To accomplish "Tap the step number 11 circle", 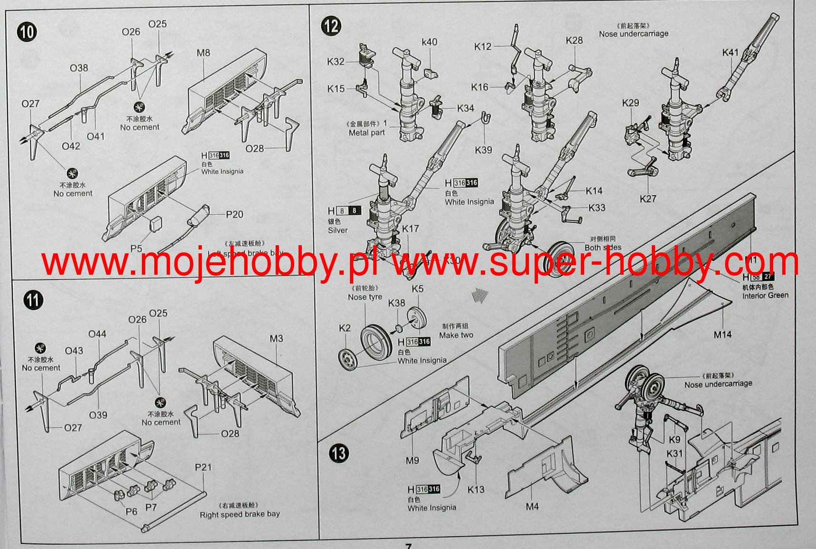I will pyautogui.click(x=33, y=300).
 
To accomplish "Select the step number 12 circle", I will pyautogui.click(x=331, y=25).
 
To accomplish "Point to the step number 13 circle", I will pyautogui.click(x=338, y=453).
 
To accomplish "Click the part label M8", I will pyautogui.click(x=203, y=53).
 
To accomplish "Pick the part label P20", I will pyautogui.click(x=234, y=214).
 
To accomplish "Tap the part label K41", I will pyautogui.click(x=730, y=52).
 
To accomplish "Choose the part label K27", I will pyautogui.click(x=648, y=199).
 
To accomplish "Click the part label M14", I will pyautogui.click(x=722, y=335).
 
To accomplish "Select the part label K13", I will pyautogui.click(x=476, y=489).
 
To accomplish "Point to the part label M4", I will pyautogui.click(x=532, y=507).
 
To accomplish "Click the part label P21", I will pyautogui.click(x=203, y=467).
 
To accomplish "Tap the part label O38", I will pyautogui.click(x=79, y=68).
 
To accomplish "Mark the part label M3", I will pyautogui.click(x=276, y=339).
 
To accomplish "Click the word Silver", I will pyautogui.click(x=338, y=230).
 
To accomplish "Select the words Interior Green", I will pyautogui.click(x=765, y=296).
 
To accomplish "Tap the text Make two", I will pyautogui.click(x=456, y=335).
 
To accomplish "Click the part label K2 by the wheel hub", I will pyautogui.click(x=345, y=328).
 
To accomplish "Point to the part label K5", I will pyautogui.click(x=418, y=289).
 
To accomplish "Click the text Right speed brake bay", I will pyautogui.click(x=239, y=514).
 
